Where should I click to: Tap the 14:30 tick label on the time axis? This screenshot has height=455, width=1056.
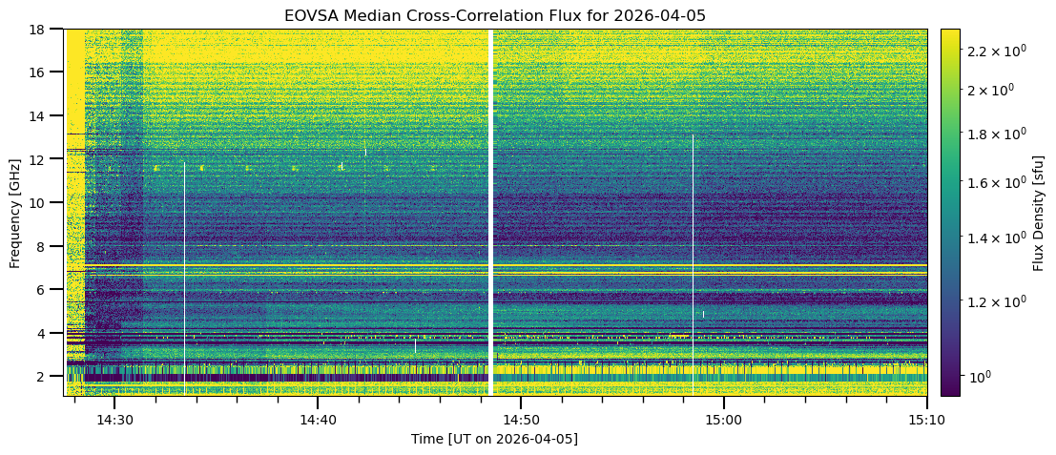point(114,420)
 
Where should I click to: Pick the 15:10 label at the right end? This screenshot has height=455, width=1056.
point(926,420)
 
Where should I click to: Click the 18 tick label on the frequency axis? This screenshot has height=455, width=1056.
point(42,30)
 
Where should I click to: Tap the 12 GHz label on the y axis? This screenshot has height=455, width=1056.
point(42,159)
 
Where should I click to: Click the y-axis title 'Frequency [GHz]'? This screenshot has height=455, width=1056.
point(16,213)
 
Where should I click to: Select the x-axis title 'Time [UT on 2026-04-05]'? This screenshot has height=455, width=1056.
point(494,439)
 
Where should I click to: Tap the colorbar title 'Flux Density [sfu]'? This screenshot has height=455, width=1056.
point(1039,213)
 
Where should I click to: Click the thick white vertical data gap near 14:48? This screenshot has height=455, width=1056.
point(490,213)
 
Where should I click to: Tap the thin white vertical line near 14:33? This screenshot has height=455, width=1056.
point(184,267)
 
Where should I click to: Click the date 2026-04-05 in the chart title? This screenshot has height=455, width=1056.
point(657,15)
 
